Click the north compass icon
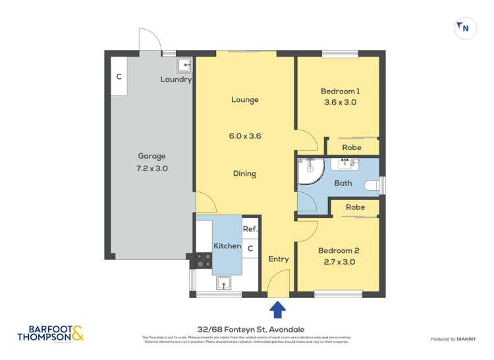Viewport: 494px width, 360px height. click(x=464, y=28)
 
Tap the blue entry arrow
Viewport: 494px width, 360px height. click(x=278, y=308)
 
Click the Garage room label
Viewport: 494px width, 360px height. click(x=151, y=156)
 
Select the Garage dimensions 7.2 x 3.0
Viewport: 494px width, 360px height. click(x=152, y=168)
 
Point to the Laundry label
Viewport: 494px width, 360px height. click(x=176, y=80)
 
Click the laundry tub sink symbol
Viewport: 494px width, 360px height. click(x=184, y=64)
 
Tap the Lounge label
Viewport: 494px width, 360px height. click(x=244, y=100)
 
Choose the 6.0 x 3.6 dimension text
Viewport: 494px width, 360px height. click(x=245, y=136)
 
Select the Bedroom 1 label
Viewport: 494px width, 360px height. click(x=340, y=91)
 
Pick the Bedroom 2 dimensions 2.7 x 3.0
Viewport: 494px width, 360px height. click(x=339, y=262)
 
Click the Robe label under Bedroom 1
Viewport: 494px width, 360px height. click(x=351, y=148)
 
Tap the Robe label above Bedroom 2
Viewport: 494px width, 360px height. click(x=355, y=207)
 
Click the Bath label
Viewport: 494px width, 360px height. click(x=343, y=184)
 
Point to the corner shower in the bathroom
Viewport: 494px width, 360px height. click(x=308, y=171)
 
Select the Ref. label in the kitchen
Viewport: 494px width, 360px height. click(x=250, y=229)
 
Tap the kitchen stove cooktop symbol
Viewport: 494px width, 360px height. click(x=203, y=260)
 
